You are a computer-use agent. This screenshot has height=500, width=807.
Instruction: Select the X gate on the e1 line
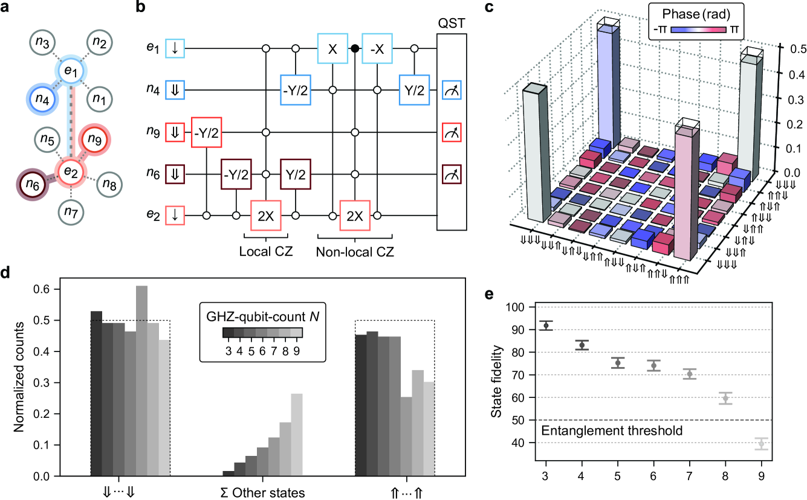click(332, 48)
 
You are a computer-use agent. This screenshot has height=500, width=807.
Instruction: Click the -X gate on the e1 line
click(378, 48)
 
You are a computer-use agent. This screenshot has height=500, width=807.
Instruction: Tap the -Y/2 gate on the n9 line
click(207, 132)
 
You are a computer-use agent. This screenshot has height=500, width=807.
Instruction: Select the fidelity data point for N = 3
click(546, 325)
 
